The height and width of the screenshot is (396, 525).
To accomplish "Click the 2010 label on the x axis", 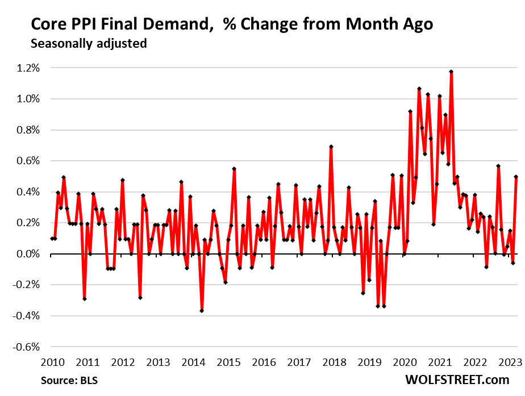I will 52,362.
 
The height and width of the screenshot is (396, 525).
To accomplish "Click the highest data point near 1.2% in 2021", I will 451,72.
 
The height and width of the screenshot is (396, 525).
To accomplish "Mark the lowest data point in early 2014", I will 202,311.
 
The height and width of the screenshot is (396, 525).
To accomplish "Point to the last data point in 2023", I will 516,177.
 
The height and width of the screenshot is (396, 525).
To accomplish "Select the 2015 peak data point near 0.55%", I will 234,169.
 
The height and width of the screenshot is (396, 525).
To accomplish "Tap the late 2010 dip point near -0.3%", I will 85,299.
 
